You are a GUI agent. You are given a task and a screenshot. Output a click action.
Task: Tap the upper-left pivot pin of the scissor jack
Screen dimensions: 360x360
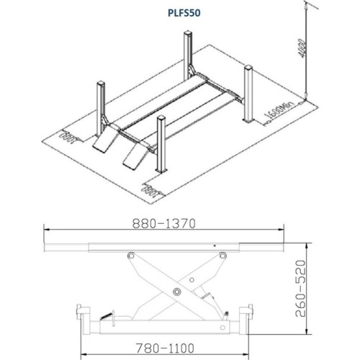[x=130, y=256]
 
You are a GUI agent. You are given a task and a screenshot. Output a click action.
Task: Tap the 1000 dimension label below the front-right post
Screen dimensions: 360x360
[x=150, y=192]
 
